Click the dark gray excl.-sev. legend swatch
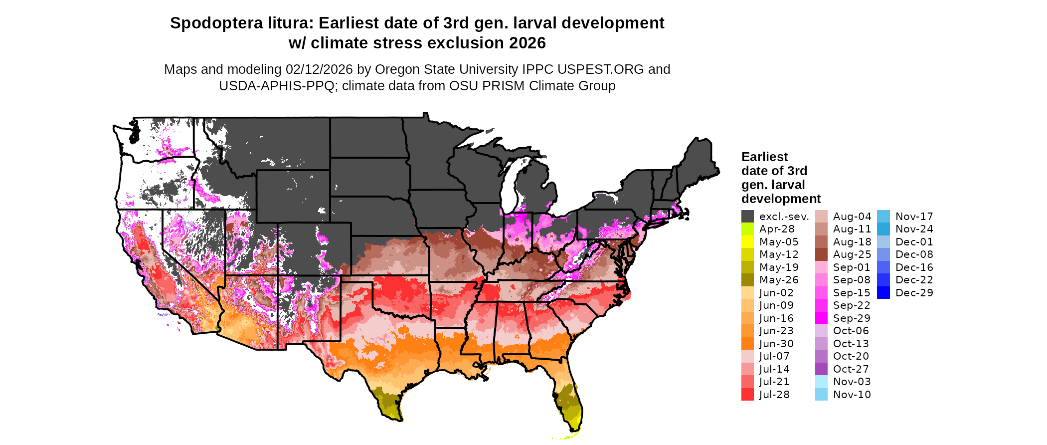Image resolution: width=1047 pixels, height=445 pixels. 747,217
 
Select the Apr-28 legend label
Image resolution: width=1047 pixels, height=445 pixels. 777,229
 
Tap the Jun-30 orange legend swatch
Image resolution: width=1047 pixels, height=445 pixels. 747,344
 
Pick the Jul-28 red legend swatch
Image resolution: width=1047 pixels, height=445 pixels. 747,395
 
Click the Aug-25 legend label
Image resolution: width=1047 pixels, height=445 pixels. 852,254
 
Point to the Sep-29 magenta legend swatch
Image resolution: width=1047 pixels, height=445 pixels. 821,318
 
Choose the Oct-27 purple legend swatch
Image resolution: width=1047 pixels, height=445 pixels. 821,369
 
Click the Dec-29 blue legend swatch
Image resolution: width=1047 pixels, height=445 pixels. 883,293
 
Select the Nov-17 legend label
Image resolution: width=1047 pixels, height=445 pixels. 914,217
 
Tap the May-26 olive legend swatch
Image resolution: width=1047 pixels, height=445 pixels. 747,280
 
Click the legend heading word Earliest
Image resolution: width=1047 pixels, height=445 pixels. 764,157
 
